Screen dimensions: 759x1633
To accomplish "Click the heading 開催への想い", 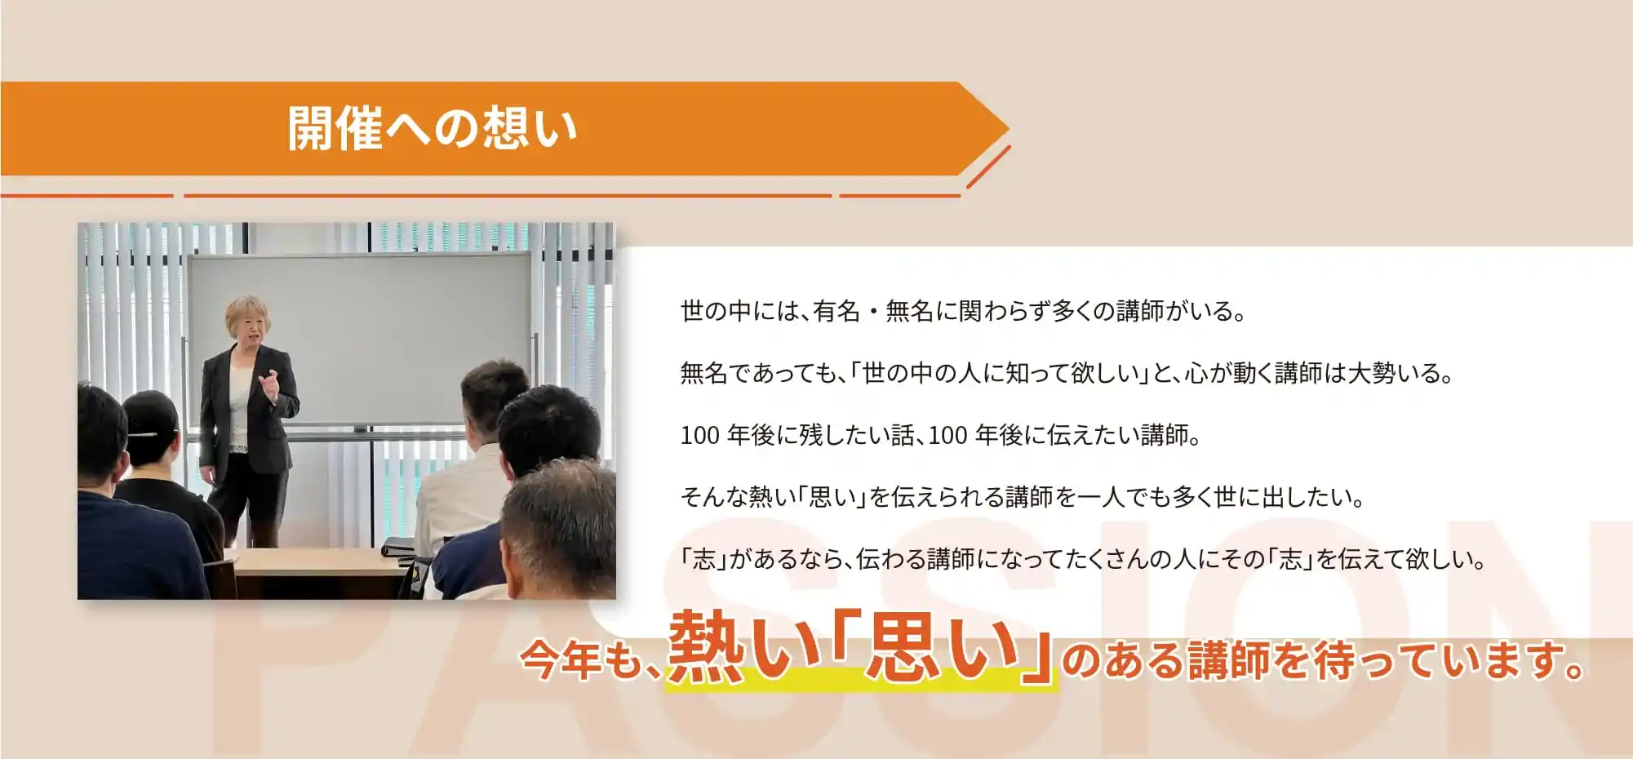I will tap(432, 129).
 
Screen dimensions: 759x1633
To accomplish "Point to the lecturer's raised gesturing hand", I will tap(270, 384).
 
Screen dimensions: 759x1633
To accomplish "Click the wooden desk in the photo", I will tap(318, 563).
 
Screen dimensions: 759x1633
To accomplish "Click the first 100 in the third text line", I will tap(699, 436).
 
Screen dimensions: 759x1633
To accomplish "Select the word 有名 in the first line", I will tap(836, 312).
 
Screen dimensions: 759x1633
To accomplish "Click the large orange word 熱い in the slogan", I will tap(743, 649).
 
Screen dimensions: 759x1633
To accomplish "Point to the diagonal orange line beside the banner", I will tap(988, 167).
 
